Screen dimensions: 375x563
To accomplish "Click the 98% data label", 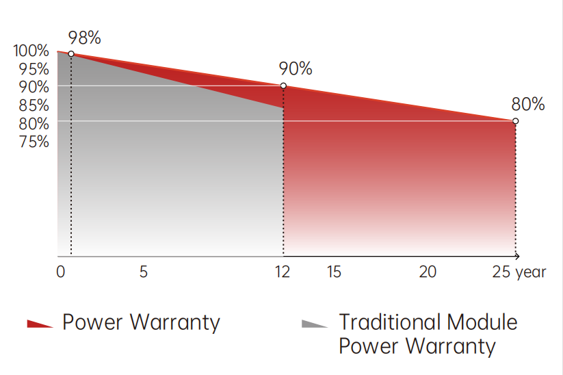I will pos(85,38).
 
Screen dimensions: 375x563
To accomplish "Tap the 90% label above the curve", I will pos(296,69).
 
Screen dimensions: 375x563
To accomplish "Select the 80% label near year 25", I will pos(528,105).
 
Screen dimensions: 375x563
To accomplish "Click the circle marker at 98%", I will pos(71,54).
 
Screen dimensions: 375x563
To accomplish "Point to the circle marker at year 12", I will pos(283,86).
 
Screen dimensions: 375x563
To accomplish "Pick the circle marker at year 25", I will pos(515,121).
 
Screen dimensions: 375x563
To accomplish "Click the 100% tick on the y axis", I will pos(31,51).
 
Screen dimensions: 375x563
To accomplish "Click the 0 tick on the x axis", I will pos(61,272).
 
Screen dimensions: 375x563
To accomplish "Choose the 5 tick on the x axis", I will pos(144,272).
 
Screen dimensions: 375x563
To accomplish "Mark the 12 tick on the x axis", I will pos(283,272).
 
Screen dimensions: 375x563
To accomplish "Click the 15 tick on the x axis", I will pos(334,272).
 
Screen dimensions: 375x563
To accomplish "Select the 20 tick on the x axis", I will pos(428,272).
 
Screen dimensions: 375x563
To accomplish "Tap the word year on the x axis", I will pos(532,272).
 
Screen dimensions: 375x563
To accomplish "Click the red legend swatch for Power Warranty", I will pos(40,324).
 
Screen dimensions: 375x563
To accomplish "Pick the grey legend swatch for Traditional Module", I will pos(315,324).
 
